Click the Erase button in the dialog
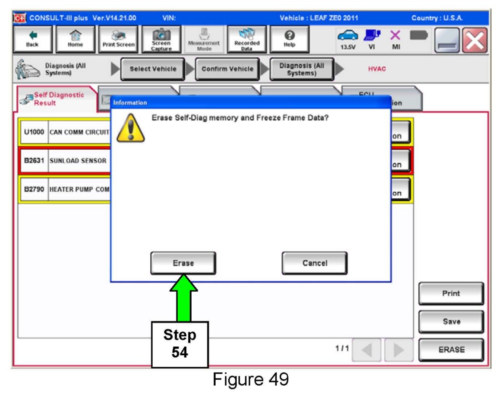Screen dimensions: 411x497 tap(183, 263)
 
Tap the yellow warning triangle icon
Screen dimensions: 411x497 tap(130, 128)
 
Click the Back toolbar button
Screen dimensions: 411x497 tap(32, 39)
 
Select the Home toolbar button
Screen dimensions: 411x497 tap(75, 39)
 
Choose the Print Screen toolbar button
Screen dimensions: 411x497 tap(118, 39)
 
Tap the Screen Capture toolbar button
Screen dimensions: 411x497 tap(161, 39)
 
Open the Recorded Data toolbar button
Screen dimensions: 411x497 tap(246, 39)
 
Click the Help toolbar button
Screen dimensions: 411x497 tap(289, 39)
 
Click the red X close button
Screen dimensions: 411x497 tap(475, 40)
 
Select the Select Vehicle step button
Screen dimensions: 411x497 tap(153, 69)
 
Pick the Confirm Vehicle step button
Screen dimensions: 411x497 tap(227, 69)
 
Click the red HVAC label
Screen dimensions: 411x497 tap(376, 69)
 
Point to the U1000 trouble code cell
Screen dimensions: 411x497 tap(34, 132)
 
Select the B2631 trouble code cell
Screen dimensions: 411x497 tap(34, 161)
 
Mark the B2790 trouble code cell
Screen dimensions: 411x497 tap(34, 189)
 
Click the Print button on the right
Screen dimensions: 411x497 tap(451, 293)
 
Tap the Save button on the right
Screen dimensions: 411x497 tap(451, 321)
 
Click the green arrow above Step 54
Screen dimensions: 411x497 tap(184, 297)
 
